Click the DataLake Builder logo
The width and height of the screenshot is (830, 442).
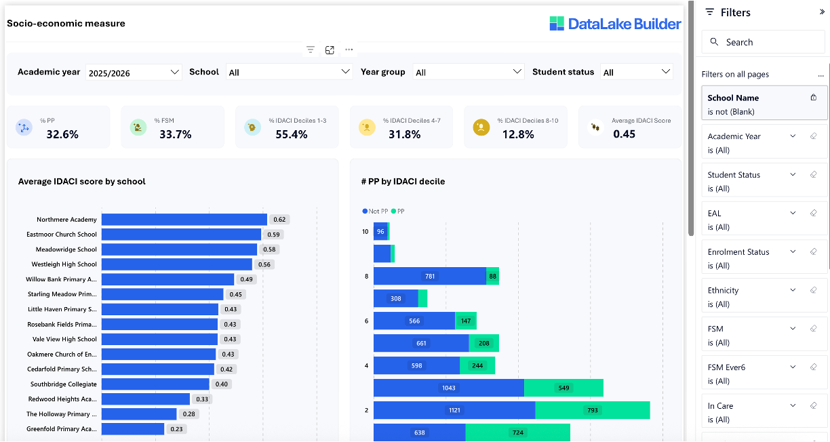tap(615, 24)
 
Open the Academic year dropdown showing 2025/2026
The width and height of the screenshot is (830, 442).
tap(134, 73)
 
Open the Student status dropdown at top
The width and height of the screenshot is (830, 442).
tap(636, 73)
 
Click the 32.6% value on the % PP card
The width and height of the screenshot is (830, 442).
tap(62, 134)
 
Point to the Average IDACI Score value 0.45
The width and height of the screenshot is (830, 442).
tap(624, 134)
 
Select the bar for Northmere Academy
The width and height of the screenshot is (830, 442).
tap(184, 220)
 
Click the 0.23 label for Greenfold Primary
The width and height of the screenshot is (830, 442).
tap(176, 429)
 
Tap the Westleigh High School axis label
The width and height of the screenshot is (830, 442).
tap(64, 264)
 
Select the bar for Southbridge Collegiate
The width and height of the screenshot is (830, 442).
tap(155, 384)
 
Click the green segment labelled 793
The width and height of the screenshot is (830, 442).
tap(592, 410)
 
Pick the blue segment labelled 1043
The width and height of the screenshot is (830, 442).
tap(448, 388)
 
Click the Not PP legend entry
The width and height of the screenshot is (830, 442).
tap(375, 212)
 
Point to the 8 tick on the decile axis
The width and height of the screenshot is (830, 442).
tap(366, 277)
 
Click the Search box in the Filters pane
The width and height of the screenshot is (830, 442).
tap(763, 42)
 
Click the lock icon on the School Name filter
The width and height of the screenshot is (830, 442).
tap(814, 98)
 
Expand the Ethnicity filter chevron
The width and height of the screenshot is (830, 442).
tap(793, 290)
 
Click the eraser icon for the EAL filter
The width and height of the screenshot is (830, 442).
tap(813, 213)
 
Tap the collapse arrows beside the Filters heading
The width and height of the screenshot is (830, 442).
tap(822, 12)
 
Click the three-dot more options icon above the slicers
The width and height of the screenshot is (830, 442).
tap(349, 49)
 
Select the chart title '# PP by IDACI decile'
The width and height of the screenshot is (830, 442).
tap(403, 182)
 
